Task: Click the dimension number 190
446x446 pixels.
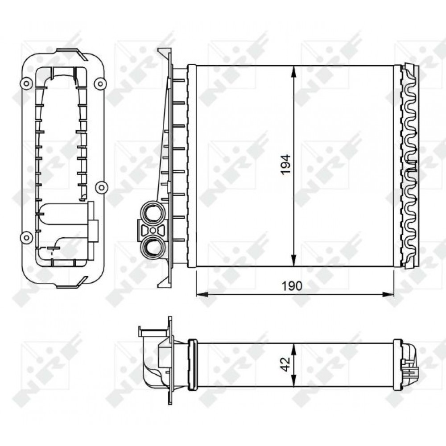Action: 292,285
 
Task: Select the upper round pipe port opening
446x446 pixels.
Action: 153,212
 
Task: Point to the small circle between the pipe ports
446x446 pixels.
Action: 153,230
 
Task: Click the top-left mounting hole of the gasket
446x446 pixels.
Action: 26,84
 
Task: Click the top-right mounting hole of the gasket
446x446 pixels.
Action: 100,83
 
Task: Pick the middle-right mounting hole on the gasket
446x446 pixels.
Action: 101,187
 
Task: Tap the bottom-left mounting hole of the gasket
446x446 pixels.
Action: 26,237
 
